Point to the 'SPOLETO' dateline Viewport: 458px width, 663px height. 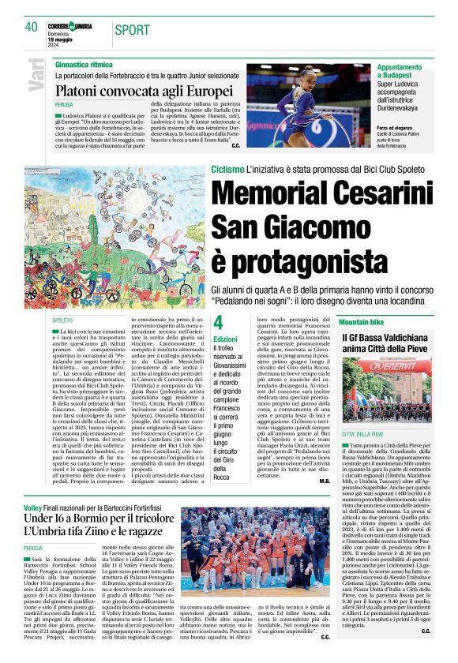(x=63, y=320)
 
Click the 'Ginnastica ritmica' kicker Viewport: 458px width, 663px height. (x=84, y=63)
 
